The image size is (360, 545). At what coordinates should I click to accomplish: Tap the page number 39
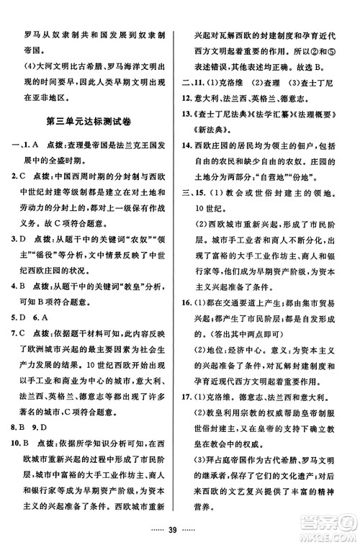[x=180, y=528]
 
